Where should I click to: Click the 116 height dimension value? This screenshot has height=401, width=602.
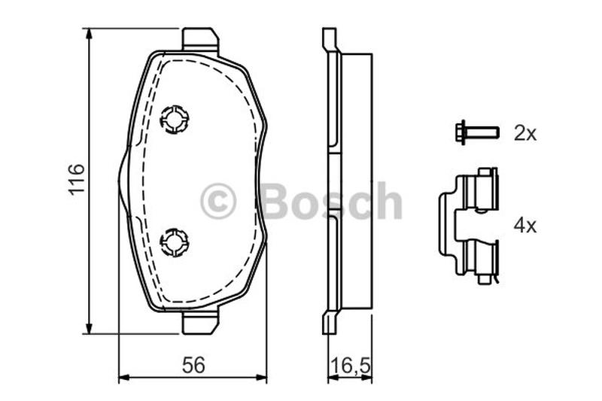pyautogui.click(x=77, y=179)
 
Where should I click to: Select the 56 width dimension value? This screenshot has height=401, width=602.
pyautogui.click(x=193, y=365)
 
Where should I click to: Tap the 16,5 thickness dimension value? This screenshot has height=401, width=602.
pyautogui.click(x=350, y=366)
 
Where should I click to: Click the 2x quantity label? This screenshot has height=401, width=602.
pyautogui.click(x=524, y=133)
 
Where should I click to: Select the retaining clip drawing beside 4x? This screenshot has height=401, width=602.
pyautogui.click(x=468, y=226)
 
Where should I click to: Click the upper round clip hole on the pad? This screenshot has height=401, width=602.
pyautogui.click(x=175, y=119)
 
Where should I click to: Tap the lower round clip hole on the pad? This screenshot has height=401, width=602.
pyautogui.click(x=175, y=242)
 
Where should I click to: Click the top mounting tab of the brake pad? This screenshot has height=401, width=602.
pyautogui.click(x=199, y=39)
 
